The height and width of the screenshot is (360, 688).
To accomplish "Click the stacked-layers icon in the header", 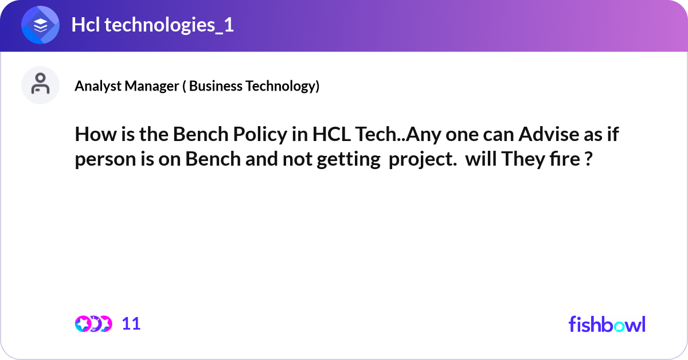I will click(x=41, y=26).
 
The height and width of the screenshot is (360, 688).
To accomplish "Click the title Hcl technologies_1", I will click(x=153, y=26).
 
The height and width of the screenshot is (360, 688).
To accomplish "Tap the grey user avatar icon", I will click(x=41, y=85).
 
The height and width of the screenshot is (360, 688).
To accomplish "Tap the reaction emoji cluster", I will click(x=93, y=324).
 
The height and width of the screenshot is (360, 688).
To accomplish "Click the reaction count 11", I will click(x=131, y=324).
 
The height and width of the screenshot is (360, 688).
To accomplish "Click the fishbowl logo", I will click(x=607, y=324).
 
